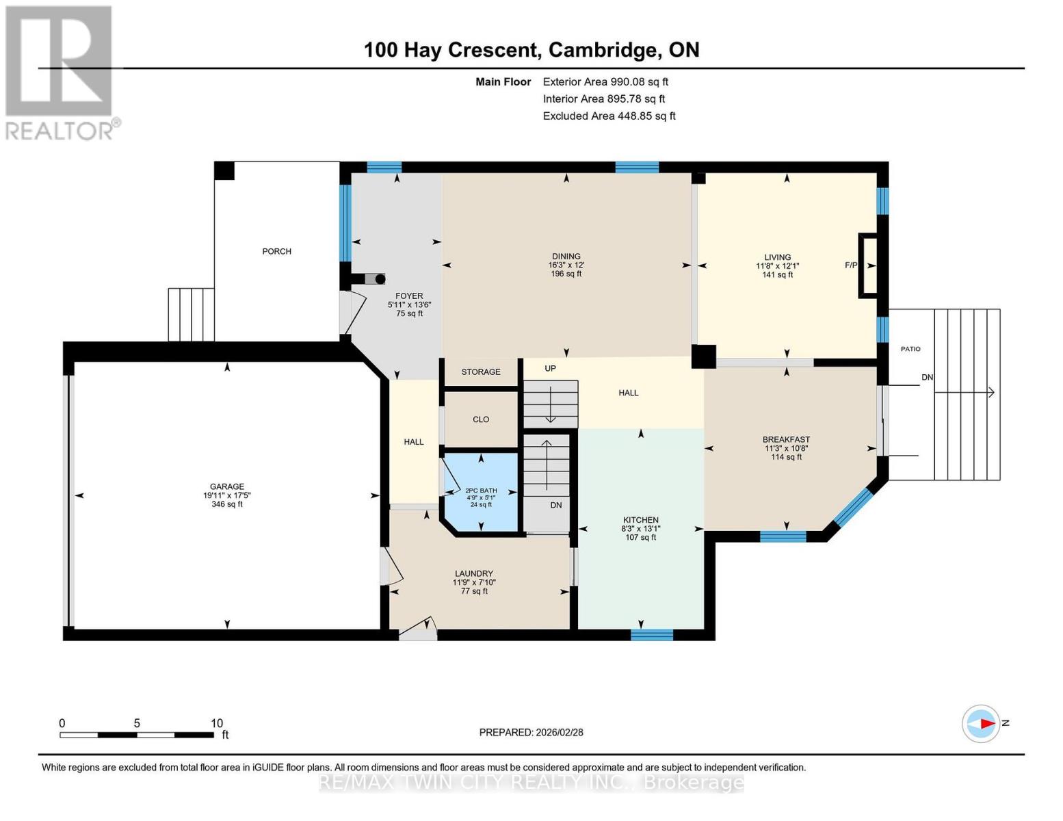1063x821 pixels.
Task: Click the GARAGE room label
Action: (226, 486)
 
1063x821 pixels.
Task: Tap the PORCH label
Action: (276, 251)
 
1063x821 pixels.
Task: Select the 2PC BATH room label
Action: (481, 491)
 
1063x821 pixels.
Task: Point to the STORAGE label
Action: (480, 372)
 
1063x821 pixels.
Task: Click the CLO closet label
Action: (480, 419)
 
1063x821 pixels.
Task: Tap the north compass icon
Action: (981, 723)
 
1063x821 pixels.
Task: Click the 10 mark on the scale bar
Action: (217, 723)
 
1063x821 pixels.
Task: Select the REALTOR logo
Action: (60, 73)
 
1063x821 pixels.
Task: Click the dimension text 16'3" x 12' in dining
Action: (566, 265)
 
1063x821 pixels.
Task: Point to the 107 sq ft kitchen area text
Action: (640, 537)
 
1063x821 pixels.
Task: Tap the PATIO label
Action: (910, 349)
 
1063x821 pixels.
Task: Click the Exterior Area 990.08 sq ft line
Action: (605, 81)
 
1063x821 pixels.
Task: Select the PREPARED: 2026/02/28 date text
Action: (531, 732)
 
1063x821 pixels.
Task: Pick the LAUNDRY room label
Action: (473, 573)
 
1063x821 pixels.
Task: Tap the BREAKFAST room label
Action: (786, 439)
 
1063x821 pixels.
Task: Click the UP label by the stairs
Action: (550, 368)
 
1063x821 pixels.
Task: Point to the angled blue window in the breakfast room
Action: (852, 508)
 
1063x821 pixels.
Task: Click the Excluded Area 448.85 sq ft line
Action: (609, 116)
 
